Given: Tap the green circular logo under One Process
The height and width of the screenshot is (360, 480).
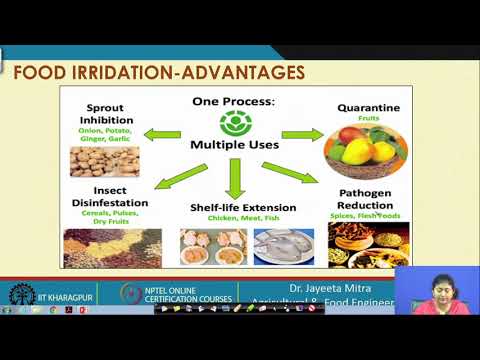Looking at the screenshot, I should [x=233, y=124].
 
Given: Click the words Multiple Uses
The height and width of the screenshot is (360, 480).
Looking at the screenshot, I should [x=235, y=146].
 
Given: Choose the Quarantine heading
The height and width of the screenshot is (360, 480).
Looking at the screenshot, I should [x=362, y=108].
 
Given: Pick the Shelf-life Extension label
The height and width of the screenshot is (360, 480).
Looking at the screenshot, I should [x=235, y=206].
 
